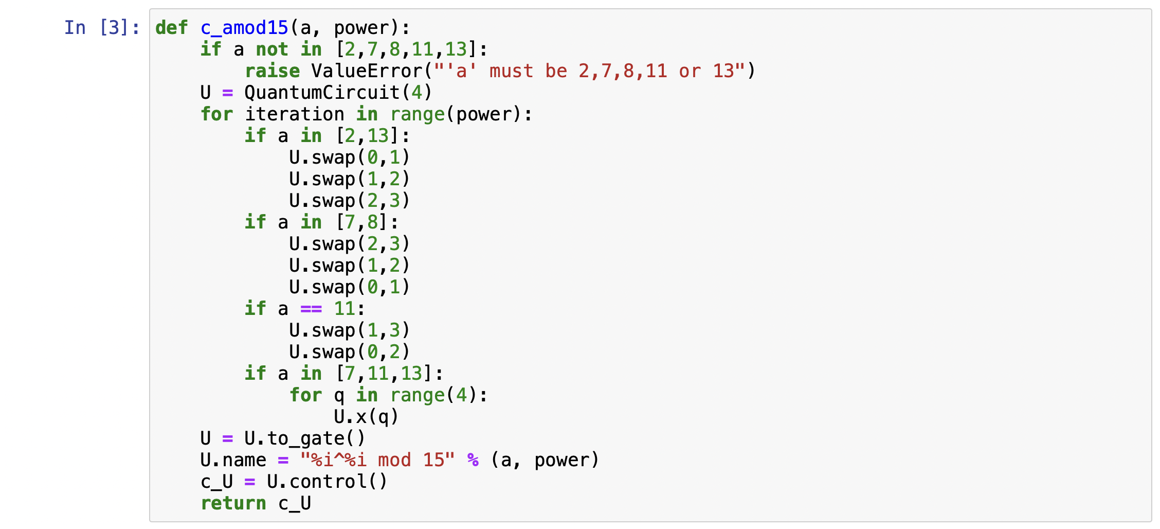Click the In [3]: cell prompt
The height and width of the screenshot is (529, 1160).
click(x=102, y=28)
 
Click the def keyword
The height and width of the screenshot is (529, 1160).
click(x=171, y=28)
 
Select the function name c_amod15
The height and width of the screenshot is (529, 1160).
click(x=244, y=28)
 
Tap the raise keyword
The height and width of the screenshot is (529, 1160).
click(x=272, y=71)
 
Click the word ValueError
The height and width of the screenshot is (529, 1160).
click(x=367, y=71)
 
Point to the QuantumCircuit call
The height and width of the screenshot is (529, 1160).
click(x=338, y=93)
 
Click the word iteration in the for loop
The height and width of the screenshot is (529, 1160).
click(x=294, y=114)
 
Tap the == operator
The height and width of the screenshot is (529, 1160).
click(x=311, y=309)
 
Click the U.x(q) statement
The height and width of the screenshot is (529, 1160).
click(x=366, y=417)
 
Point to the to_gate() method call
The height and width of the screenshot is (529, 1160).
click(x=315, y=438)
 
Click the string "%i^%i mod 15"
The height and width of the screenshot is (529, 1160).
click(x=377, y=460)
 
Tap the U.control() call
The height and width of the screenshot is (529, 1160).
click(x=327, y=482)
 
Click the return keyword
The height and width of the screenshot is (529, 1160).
click(x=233, y=503)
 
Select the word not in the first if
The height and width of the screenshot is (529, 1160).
click(x=272, y=49)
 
